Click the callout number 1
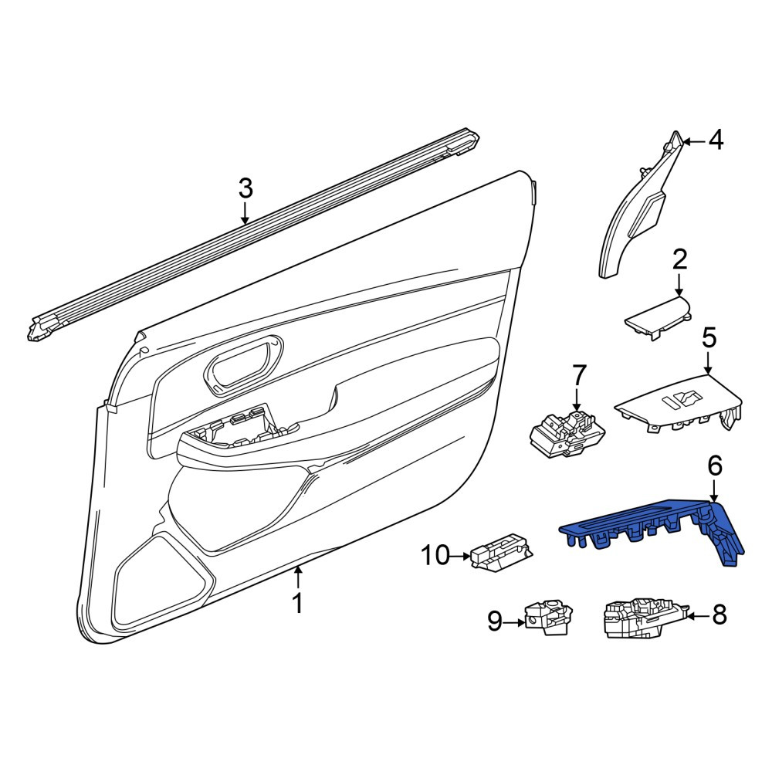(x=297, y=604)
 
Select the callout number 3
(x=245, y=188)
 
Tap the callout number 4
(x=716, y=141)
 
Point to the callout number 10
(x=435, y=556)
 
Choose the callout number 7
(x=578, y=376)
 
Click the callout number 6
(x=715, y=466)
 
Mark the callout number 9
(x=494, y=621)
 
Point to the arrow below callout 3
(x=245, y=214)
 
